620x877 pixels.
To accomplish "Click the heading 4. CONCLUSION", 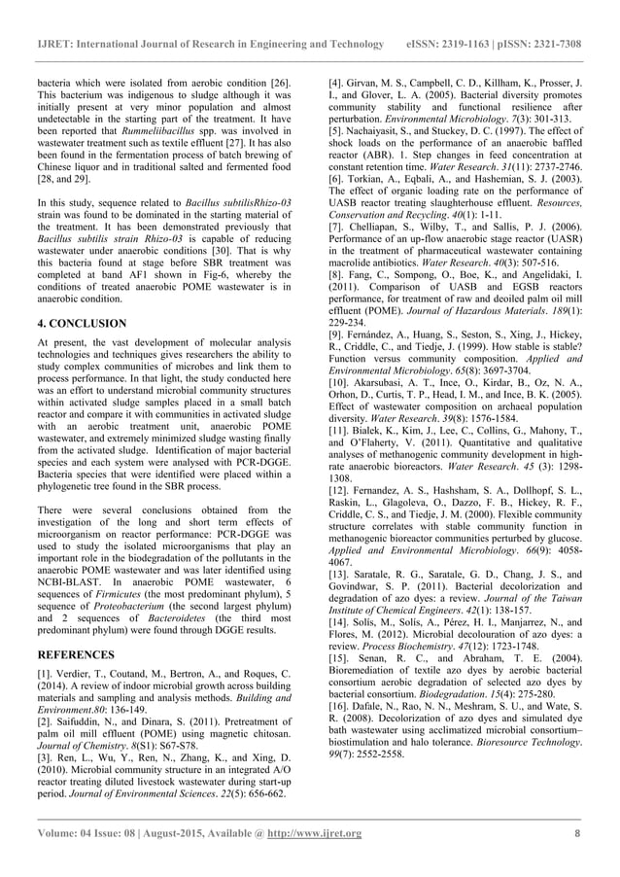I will coord(82,323).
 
